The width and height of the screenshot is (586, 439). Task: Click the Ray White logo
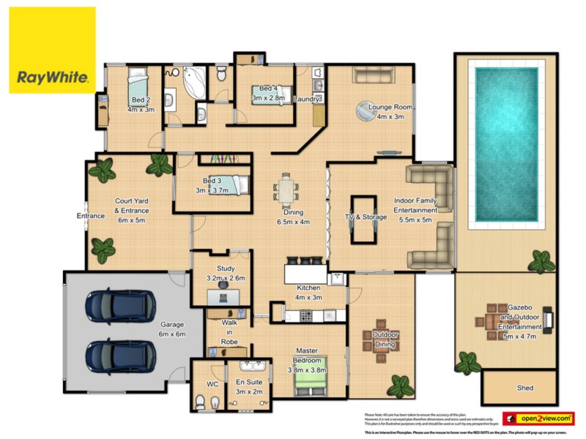[52, 50]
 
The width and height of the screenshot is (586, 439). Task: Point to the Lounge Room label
[390, 112]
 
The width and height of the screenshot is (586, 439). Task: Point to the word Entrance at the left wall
[92, 216]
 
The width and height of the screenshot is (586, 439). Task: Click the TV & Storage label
[366, 217]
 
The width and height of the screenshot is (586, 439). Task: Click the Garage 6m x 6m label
[173, 329]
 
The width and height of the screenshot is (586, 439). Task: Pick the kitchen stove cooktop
[305, 315]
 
